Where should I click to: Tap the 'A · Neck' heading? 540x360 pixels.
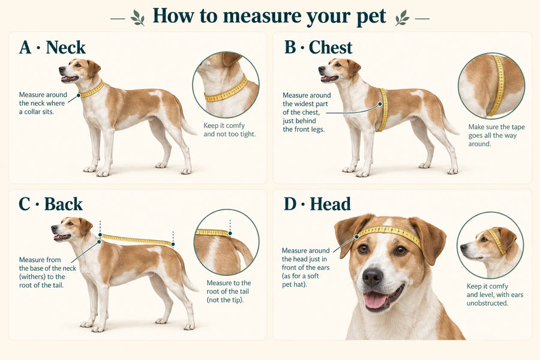click(x=52, y=47)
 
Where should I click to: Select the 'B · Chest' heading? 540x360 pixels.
click(x=318, y=47)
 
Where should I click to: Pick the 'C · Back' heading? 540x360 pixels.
click(x=50, y=204)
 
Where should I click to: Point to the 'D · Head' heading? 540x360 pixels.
click(x=317, y=204)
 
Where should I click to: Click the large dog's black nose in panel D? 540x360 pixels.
click(x=372, y=276)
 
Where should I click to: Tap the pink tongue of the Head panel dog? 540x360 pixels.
click(x=375, y=300)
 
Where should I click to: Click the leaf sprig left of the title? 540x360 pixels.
click(x=138, y=17)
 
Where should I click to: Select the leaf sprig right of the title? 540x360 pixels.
click(x=402, y=17)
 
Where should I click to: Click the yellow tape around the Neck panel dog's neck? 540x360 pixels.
click(x=92, y=90)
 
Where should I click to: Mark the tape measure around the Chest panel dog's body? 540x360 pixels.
click(x=383, y=110)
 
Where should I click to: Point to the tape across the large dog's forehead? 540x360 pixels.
click(x=389, y=233)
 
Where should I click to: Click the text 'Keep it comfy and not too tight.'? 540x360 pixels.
click(x=229, y=130)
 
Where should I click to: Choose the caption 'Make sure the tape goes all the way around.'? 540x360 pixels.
click(x=496, y=136)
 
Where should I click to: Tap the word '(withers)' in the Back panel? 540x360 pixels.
click(x=32, y=277)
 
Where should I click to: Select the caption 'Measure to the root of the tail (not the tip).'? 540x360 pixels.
click(x=229, y=292)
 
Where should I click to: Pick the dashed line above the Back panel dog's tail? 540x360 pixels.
click(x=173, y=240)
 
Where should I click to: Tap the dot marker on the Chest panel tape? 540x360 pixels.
click(x=380, y=104)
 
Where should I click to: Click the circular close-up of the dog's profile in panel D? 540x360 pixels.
click(x=490, y=245)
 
